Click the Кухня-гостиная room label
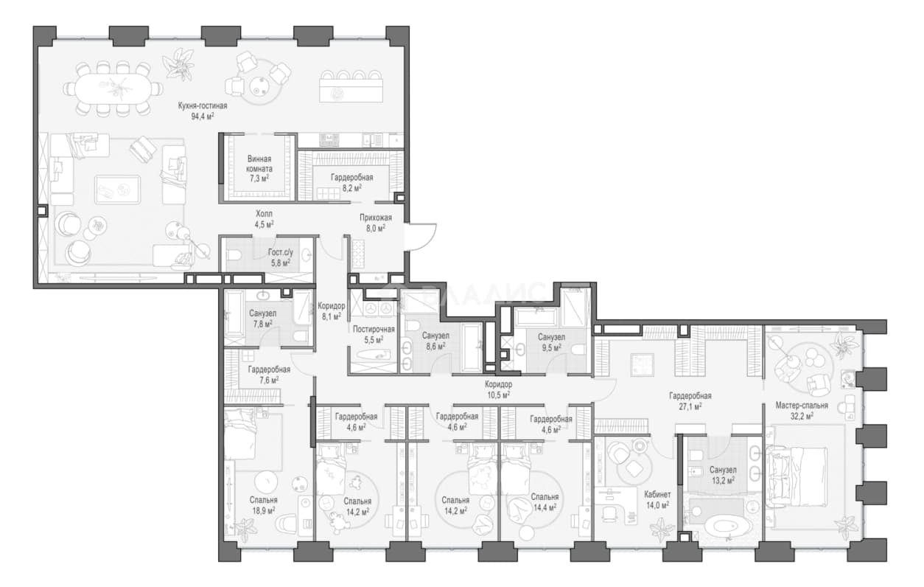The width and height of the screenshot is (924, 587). (203, 105)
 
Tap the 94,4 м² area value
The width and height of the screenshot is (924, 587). (203, 117)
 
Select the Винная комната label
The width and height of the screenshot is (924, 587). (259, 164)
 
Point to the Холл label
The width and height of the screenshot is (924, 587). (264, 214)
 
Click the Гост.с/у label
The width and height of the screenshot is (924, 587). (281, 251)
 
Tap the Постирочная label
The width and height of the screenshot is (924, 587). (374, 330)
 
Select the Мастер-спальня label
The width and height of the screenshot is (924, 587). (802, 406)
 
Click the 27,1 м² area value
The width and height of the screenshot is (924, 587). (690, 406)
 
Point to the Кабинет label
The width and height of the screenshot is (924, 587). (657, 494)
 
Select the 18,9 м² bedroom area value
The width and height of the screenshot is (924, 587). (264, 510)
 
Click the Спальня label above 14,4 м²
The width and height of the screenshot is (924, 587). (545, 497)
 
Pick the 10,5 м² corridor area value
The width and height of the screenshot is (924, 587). (498, 395)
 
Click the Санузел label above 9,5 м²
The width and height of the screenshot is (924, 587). (551, 337)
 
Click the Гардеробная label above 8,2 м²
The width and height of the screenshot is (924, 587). (352, 177)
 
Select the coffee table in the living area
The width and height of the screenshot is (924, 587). (118, 190)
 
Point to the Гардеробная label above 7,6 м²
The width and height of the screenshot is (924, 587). (269, 369)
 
